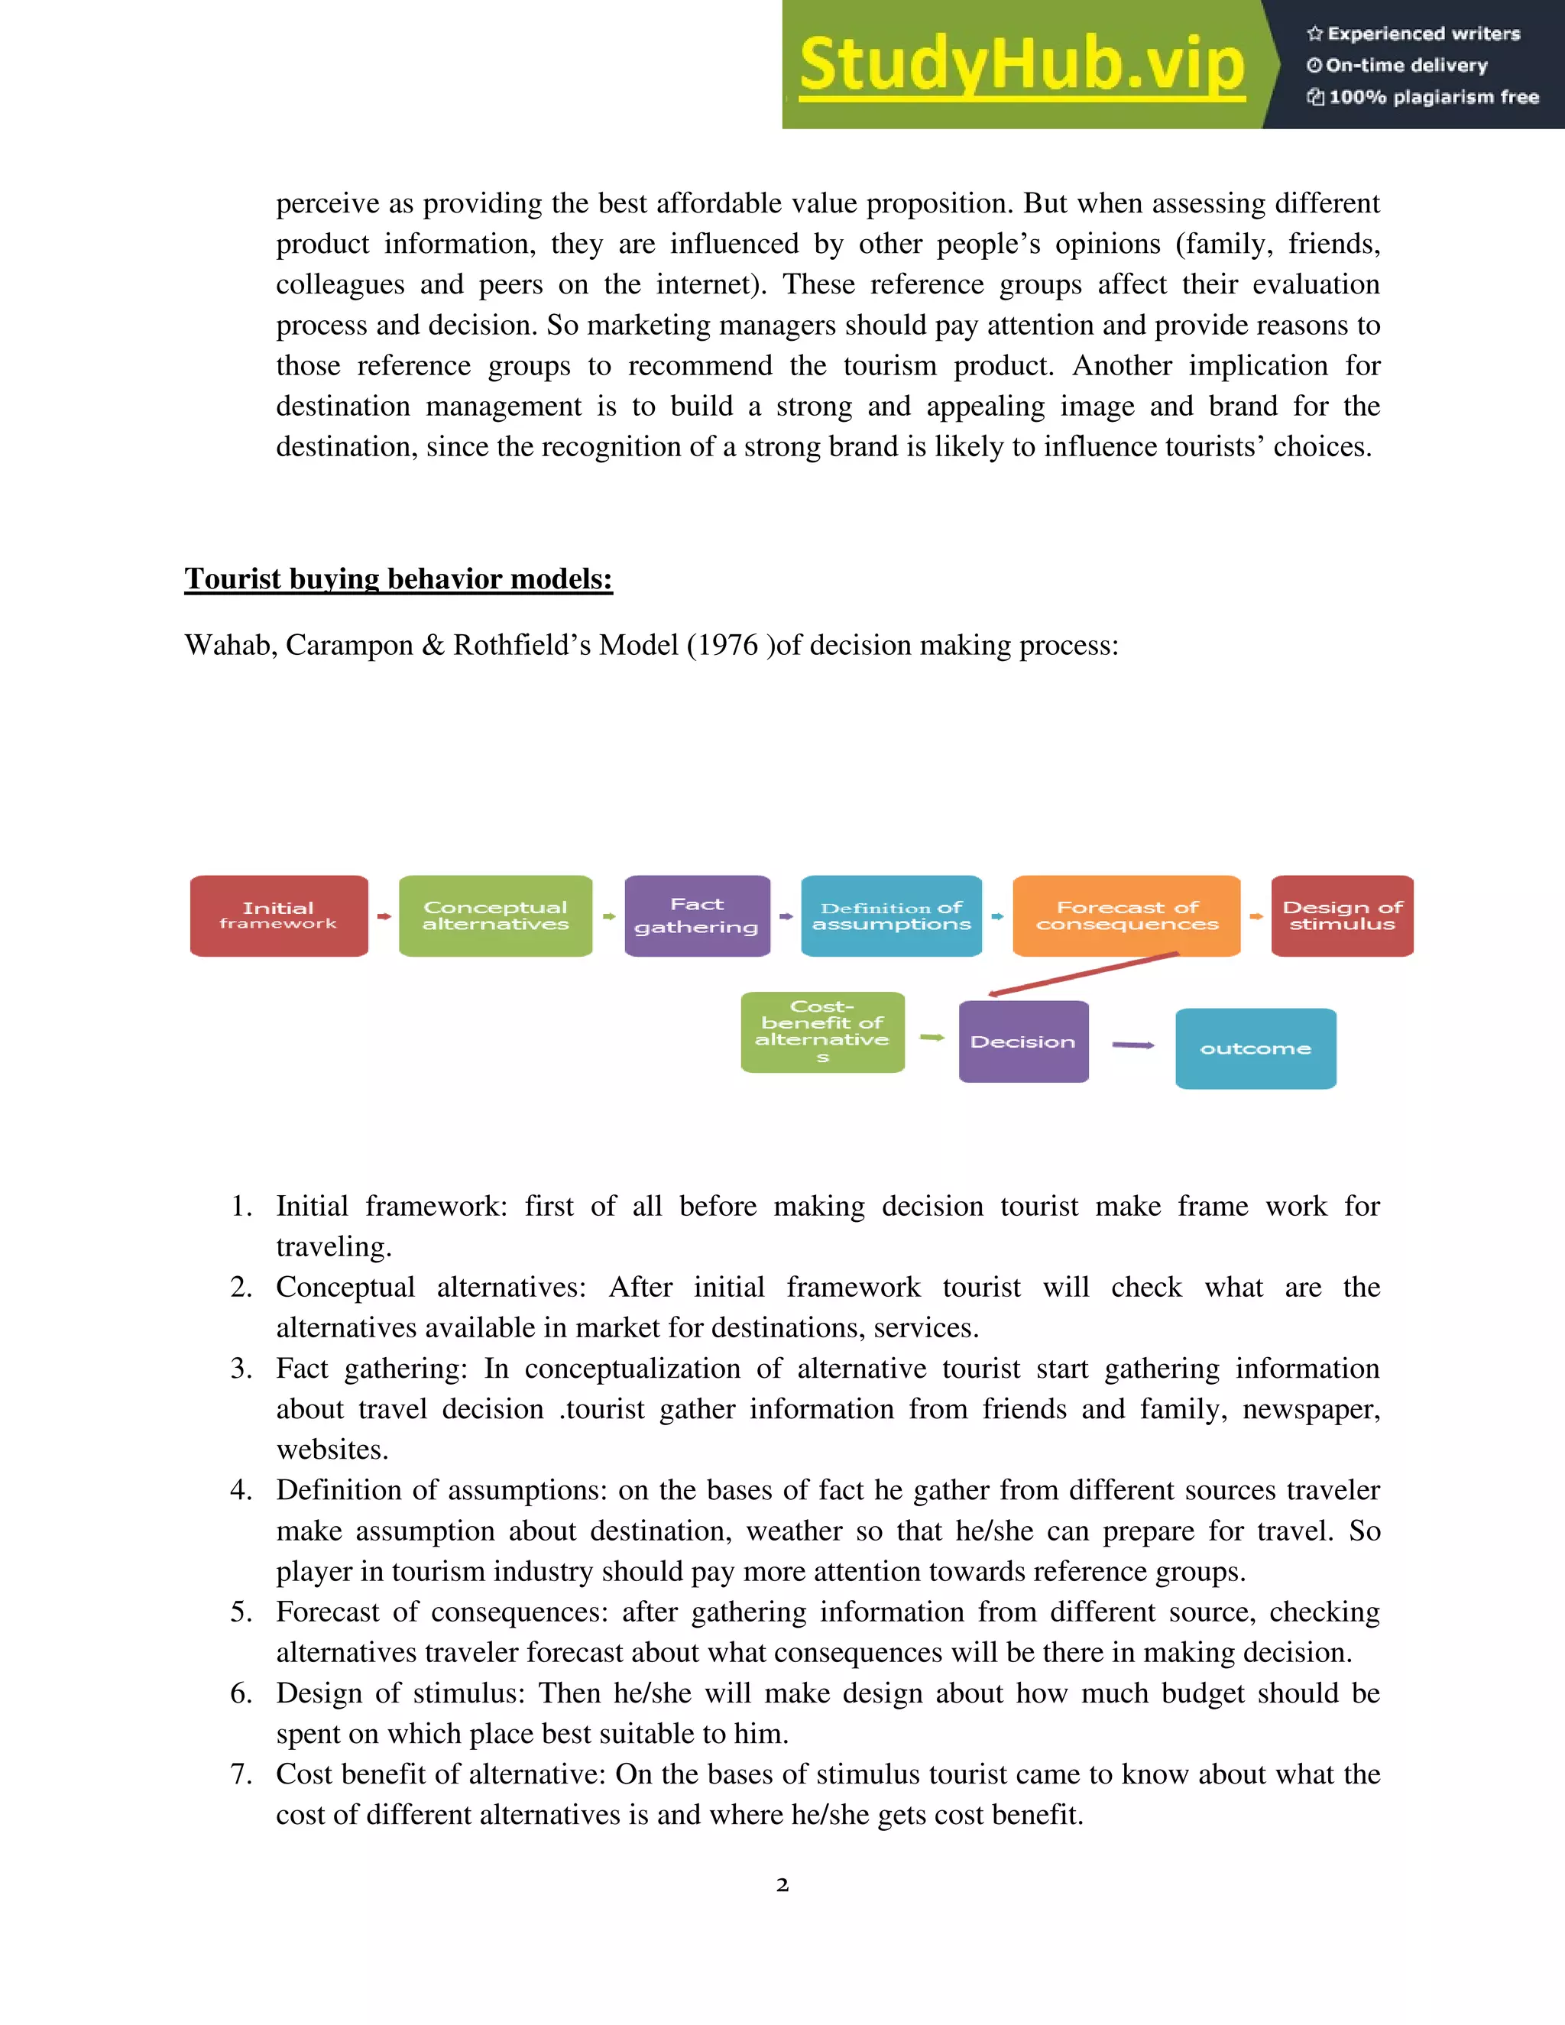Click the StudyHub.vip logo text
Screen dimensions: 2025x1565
(x=1021, y=65)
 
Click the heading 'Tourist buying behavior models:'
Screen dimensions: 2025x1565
(x=399, y=578)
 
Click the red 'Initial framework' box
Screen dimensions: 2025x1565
(x=278, y=916)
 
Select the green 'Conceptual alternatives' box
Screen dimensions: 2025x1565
(x=495, y=916)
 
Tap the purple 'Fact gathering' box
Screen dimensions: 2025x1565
(x=697, y=916)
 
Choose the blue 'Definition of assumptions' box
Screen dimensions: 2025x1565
(x=891, y=916)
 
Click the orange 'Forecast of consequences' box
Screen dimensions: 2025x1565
(x=1126, y=916)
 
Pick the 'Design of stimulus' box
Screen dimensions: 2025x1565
(x=1342, y=916)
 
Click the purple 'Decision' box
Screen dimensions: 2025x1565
(x=1023, y=1042)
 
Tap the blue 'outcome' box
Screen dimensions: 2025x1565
(x=1256, y=1048)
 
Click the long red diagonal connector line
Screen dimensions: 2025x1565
(x=1083, y=974)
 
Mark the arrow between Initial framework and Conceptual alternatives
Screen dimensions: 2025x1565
(x=384, y=916)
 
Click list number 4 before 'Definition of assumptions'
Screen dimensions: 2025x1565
(x=240, y=1491)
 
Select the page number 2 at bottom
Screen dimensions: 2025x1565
(x=782, y=1885)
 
